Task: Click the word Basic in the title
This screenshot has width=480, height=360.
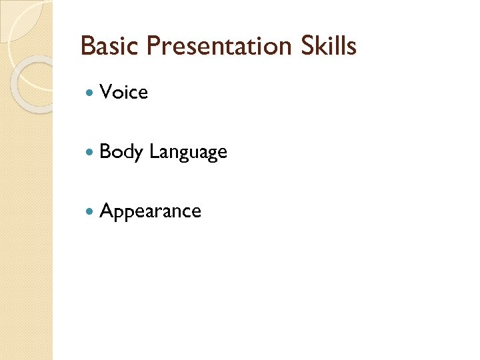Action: (109, 46)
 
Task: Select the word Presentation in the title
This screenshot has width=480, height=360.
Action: (217, 46)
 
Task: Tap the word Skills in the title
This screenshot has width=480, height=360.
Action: (327, 46)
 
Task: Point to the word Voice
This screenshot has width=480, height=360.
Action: (123, 93)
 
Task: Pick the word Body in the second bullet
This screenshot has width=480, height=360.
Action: (121, 152)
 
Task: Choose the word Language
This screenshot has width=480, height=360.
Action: (188, 153)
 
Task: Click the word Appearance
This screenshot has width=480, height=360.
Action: (150, 212)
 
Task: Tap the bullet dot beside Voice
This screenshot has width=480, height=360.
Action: (91, 93)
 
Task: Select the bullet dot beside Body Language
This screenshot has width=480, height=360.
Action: (91, 153)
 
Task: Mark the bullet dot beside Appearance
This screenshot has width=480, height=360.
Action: (91, 212)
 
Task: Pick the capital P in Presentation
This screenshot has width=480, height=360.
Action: (153, 46)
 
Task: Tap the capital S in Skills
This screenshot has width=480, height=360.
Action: (303, 46)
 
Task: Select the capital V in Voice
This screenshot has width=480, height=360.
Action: (106, 93)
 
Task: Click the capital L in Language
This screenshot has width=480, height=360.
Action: (153, 152)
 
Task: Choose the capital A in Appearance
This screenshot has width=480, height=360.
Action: (106, 211)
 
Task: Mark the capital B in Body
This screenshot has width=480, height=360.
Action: (105, 152)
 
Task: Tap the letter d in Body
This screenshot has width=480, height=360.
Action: (127, 152)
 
